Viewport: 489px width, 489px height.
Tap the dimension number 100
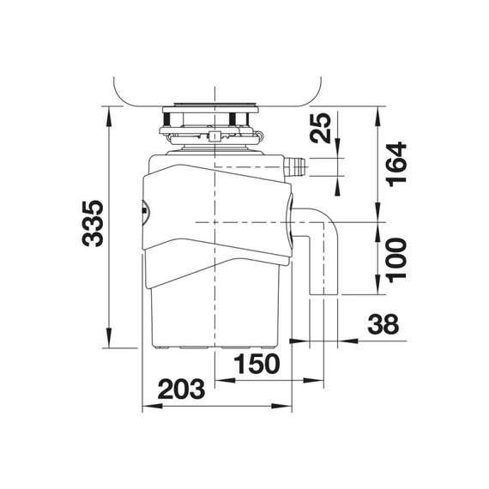pos(396,258)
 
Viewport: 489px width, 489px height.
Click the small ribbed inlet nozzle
pos(296,166)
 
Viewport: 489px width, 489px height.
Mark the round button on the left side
pos(142,210)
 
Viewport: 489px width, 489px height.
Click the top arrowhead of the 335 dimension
pos(109,112)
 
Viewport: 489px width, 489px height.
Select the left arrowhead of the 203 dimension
pos(143,405)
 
